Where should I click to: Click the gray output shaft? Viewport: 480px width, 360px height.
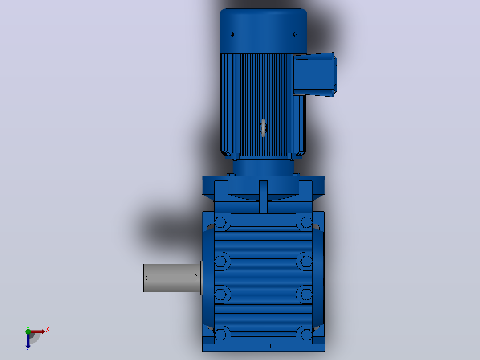[172, 278]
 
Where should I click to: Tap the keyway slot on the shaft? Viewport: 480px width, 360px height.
[172, 278]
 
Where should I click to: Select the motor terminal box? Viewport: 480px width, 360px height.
[315, 74]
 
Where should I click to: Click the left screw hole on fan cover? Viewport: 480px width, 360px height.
[232, 34]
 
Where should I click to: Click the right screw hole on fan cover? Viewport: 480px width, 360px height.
[294, 34]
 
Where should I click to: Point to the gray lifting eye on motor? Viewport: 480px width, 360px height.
[263, 128]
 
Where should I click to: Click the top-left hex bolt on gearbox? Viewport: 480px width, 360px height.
[220, 222]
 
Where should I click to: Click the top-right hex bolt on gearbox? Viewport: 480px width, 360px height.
[306, 222]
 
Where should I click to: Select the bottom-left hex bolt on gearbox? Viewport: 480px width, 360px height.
[220, 335]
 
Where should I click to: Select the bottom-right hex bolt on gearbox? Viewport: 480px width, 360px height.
[306, 335]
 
